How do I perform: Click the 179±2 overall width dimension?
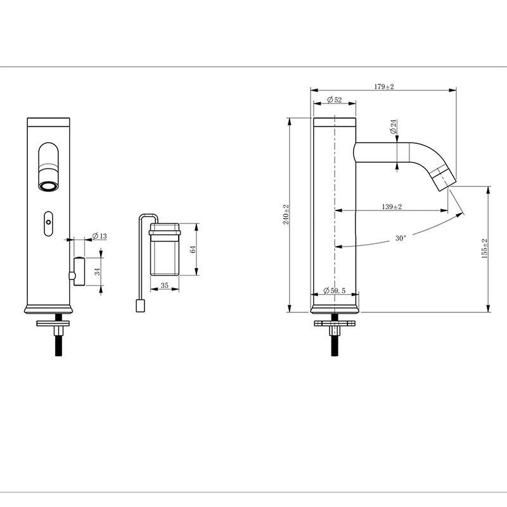click(x=384, y=87)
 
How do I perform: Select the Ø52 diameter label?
click(x=333, y=100)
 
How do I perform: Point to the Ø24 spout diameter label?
click(x=394, y=126)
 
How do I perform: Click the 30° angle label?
click(x=400, y=239)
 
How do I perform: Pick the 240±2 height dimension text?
click(x=286, y=215)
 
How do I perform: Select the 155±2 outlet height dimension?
click(x=485, y=249)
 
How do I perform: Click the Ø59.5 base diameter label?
click(x=334, y=290)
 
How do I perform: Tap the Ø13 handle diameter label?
click(x=99, y=236)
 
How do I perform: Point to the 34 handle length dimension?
click(x=98, y=273)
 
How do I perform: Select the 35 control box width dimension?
click(x=165, y=286)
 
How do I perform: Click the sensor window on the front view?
click(x=48, y=222)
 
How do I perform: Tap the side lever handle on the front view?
click(x=79, y=271)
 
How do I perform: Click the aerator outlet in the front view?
click(x=48, y=186)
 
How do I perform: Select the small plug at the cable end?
click(x=141, y=307)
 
